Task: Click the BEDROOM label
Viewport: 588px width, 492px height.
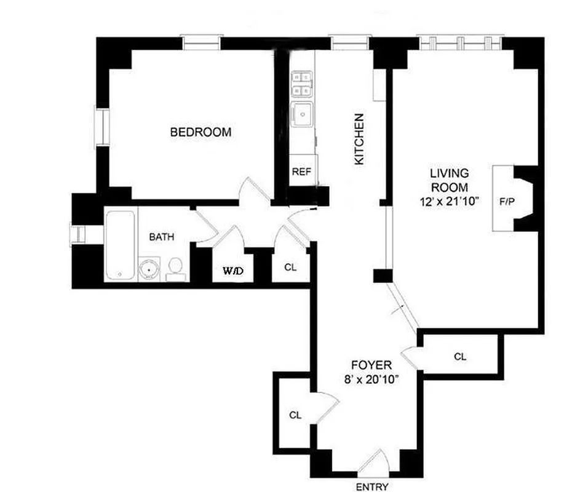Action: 201,132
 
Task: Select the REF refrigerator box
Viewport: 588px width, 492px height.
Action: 301,172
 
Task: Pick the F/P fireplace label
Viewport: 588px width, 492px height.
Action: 506,200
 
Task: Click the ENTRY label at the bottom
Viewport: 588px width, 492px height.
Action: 371,487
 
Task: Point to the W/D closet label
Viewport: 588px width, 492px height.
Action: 232,269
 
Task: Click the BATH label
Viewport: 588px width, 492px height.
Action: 162,237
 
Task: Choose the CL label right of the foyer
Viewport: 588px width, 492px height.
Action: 459,355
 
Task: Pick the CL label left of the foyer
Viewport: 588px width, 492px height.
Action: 295,415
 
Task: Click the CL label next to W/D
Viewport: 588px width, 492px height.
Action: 290,268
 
